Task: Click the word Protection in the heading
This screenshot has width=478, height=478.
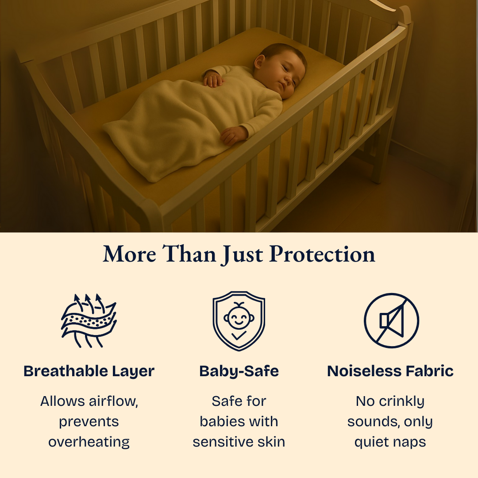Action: [x=322, y=255]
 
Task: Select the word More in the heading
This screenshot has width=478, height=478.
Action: [x=129, y=255]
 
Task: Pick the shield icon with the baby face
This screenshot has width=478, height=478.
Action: [x=239, y=320]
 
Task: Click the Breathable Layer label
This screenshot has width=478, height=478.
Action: [x=89, y=371]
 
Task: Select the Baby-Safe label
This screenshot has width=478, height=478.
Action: [x=239, y=371]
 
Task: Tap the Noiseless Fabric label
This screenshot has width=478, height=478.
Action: [x=390, y=371]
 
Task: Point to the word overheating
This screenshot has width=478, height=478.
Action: [x=89, y=442]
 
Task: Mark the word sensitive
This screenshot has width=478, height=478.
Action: [x=224, y=442]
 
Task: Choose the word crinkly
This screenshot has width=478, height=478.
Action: [x=402, y=401]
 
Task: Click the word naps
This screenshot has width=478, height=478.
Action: [x=410, y=442]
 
